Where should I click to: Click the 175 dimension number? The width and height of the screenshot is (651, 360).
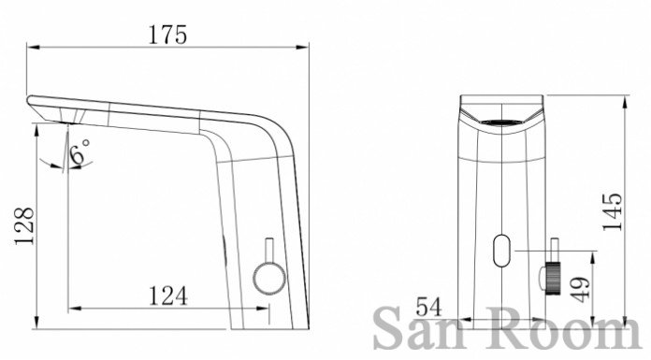point(167,35)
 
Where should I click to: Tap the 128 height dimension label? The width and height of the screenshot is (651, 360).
point(24,226)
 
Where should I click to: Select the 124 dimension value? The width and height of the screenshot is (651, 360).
point(168,296)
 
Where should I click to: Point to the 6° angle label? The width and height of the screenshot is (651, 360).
point(80,151)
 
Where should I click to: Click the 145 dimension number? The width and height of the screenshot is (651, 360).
point(613,212)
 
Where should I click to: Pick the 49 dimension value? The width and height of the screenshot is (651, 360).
point(580,290)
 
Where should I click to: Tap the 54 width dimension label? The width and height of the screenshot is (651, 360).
point(429,307)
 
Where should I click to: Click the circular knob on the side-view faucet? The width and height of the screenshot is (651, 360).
point(269,278)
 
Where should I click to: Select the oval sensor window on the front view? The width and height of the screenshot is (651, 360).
point(501,251)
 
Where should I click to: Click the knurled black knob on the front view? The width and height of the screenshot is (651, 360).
point(553,279)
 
